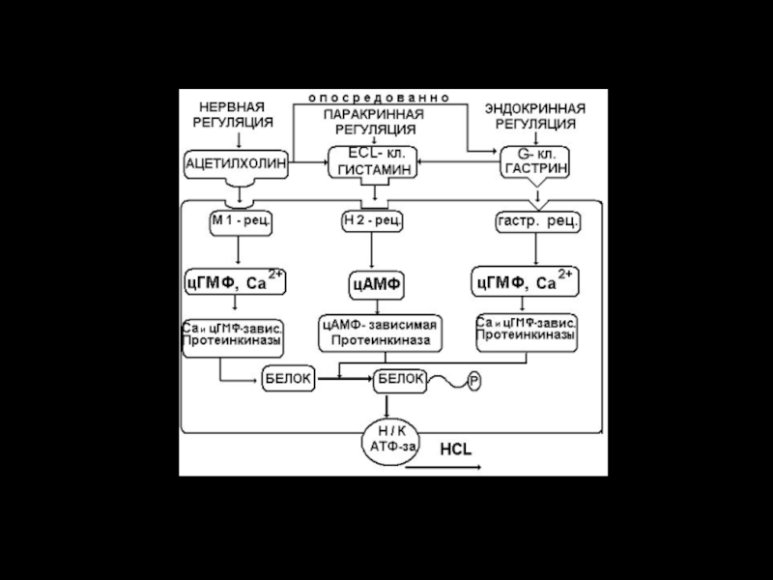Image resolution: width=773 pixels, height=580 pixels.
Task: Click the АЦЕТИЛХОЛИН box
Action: pyautogui.click(x=236, y=164)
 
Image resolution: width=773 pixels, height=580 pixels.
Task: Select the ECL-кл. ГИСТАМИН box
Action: pyautogui.click(x=374, y=160)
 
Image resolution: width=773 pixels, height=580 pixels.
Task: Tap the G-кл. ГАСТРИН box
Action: pyautogui.click(x=534, y=160)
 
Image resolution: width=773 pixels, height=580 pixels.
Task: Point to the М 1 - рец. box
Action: pyautogui.click(x=241, y=221)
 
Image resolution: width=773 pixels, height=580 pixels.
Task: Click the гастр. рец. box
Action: pyautogui.click(x=538, y=221)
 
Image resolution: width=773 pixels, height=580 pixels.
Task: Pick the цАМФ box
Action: pyautogui.click(x=375, y=285)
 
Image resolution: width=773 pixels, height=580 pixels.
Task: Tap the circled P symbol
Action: pyautogui.click(x=474, y=381)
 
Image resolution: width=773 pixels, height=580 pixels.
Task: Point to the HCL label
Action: pyautogui.click(x=456, y=450)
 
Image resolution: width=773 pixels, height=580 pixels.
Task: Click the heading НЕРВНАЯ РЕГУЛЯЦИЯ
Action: pyautogui.click(x=236, y=115)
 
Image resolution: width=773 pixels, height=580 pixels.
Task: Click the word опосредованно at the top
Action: pyautogui.click(x=379, y=99)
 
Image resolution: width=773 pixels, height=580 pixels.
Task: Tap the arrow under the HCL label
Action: pyautogui.click(x=443, y=468)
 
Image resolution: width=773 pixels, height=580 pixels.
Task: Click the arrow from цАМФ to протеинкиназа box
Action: pyautogui.click(x=375, y=305)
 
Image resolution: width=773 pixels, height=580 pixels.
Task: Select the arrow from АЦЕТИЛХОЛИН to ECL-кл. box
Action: pyautogui.click(x=308, y=164)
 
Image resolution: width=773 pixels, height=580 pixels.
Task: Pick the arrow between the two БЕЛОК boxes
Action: pyautogui.click(x=345, y=381)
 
